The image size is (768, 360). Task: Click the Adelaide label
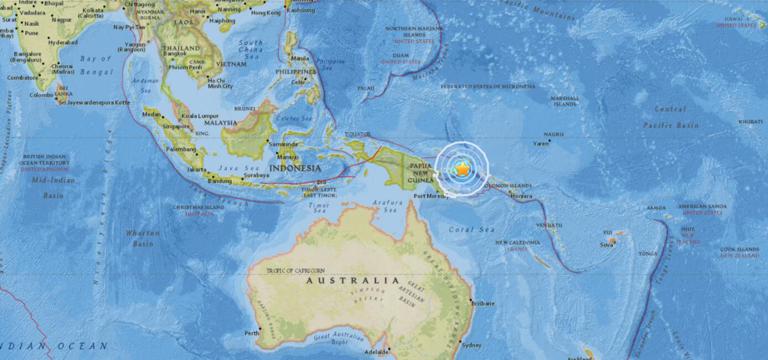pos(405,353)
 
